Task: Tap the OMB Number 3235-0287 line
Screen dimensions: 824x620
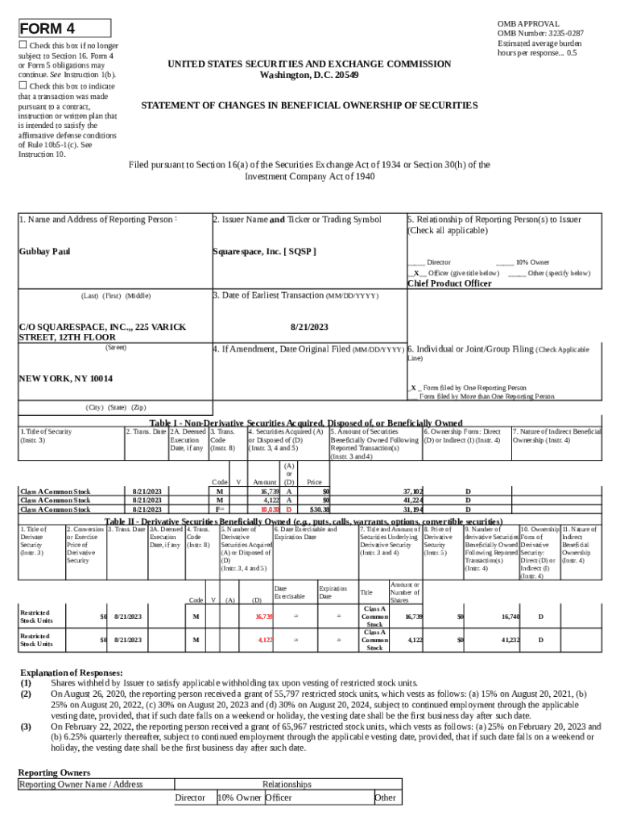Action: point(540,34)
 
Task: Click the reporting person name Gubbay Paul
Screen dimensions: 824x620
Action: point(44,252)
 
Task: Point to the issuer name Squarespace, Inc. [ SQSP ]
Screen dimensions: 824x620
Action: point(264,252)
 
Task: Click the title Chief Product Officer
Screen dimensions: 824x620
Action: point(448,283)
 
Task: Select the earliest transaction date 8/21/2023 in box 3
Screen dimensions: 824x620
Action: point(309,328)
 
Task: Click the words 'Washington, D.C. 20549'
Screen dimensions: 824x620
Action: point(309,75)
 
